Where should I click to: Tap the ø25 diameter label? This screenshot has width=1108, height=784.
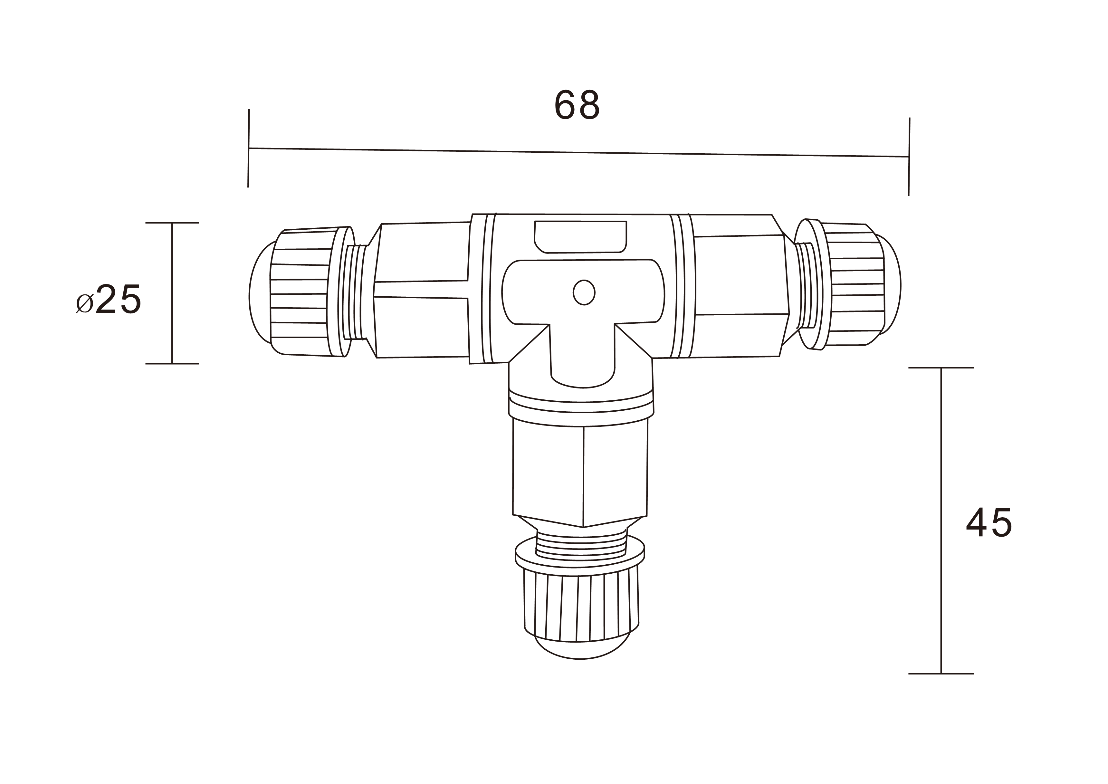[109, 299]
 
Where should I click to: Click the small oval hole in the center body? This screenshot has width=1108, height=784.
[584, 292]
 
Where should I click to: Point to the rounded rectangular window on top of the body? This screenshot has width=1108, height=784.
[580, 236]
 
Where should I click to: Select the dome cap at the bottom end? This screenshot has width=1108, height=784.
[581, 650]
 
